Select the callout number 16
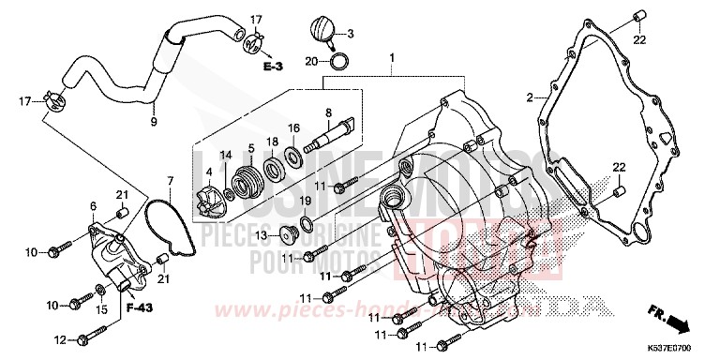[x=293, y=127]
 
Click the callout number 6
[x=93, y=205]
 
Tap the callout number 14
[x=226, y=154]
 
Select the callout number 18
[x=273, y=142]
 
